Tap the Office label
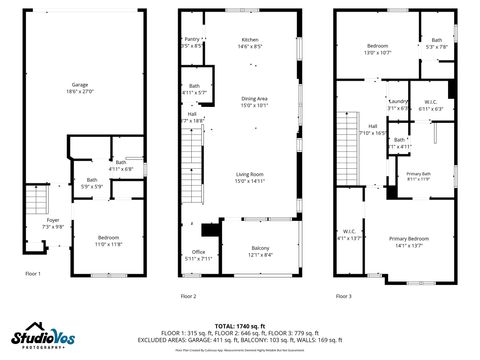pyautogui.click(x=199, y=254)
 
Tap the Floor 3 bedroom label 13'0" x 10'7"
pyautogui.click(x=377, y=49)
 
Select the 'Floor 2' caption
pyautogui.click(x=188, y=296)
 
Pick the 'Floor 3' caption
pyautogui.click(x=344, y=296)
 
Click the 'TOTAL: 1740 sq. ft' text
pyautogui.click(x=239, y=326)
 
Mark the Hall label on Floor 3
pyautogui.click(x=372, y=128)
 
